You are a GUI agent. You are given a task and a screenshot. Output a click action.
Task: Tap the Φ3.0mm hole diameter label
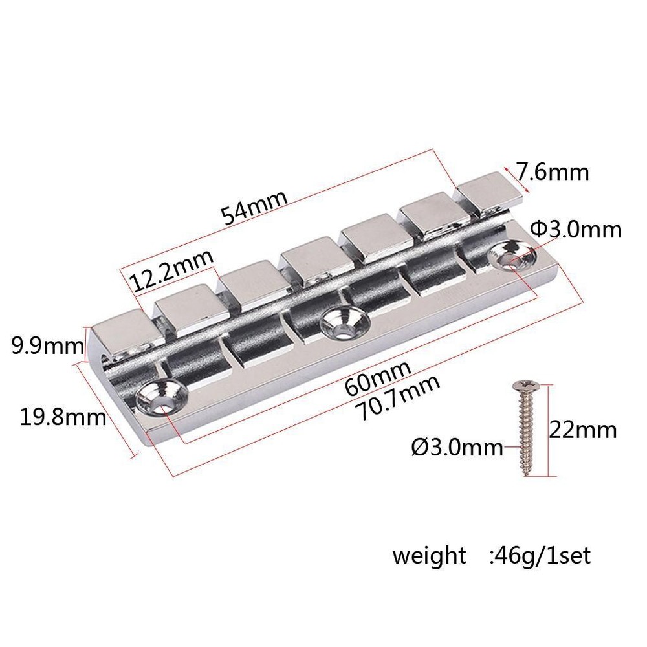point(575,229)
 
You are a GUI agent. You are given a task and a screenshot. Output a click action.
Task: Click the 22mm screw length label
point(583,429)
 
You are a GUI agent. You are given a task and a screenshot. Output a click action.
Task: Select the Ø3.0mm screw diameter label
point(457,446)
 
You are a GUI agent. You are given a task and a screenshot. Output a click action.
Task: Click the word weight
point(428,555)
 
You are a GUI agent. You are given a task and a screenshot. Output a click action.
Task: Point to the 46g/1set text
point(540,555)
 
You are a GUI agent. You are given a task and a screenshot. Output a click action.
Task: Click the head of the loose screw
point(521,388)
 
